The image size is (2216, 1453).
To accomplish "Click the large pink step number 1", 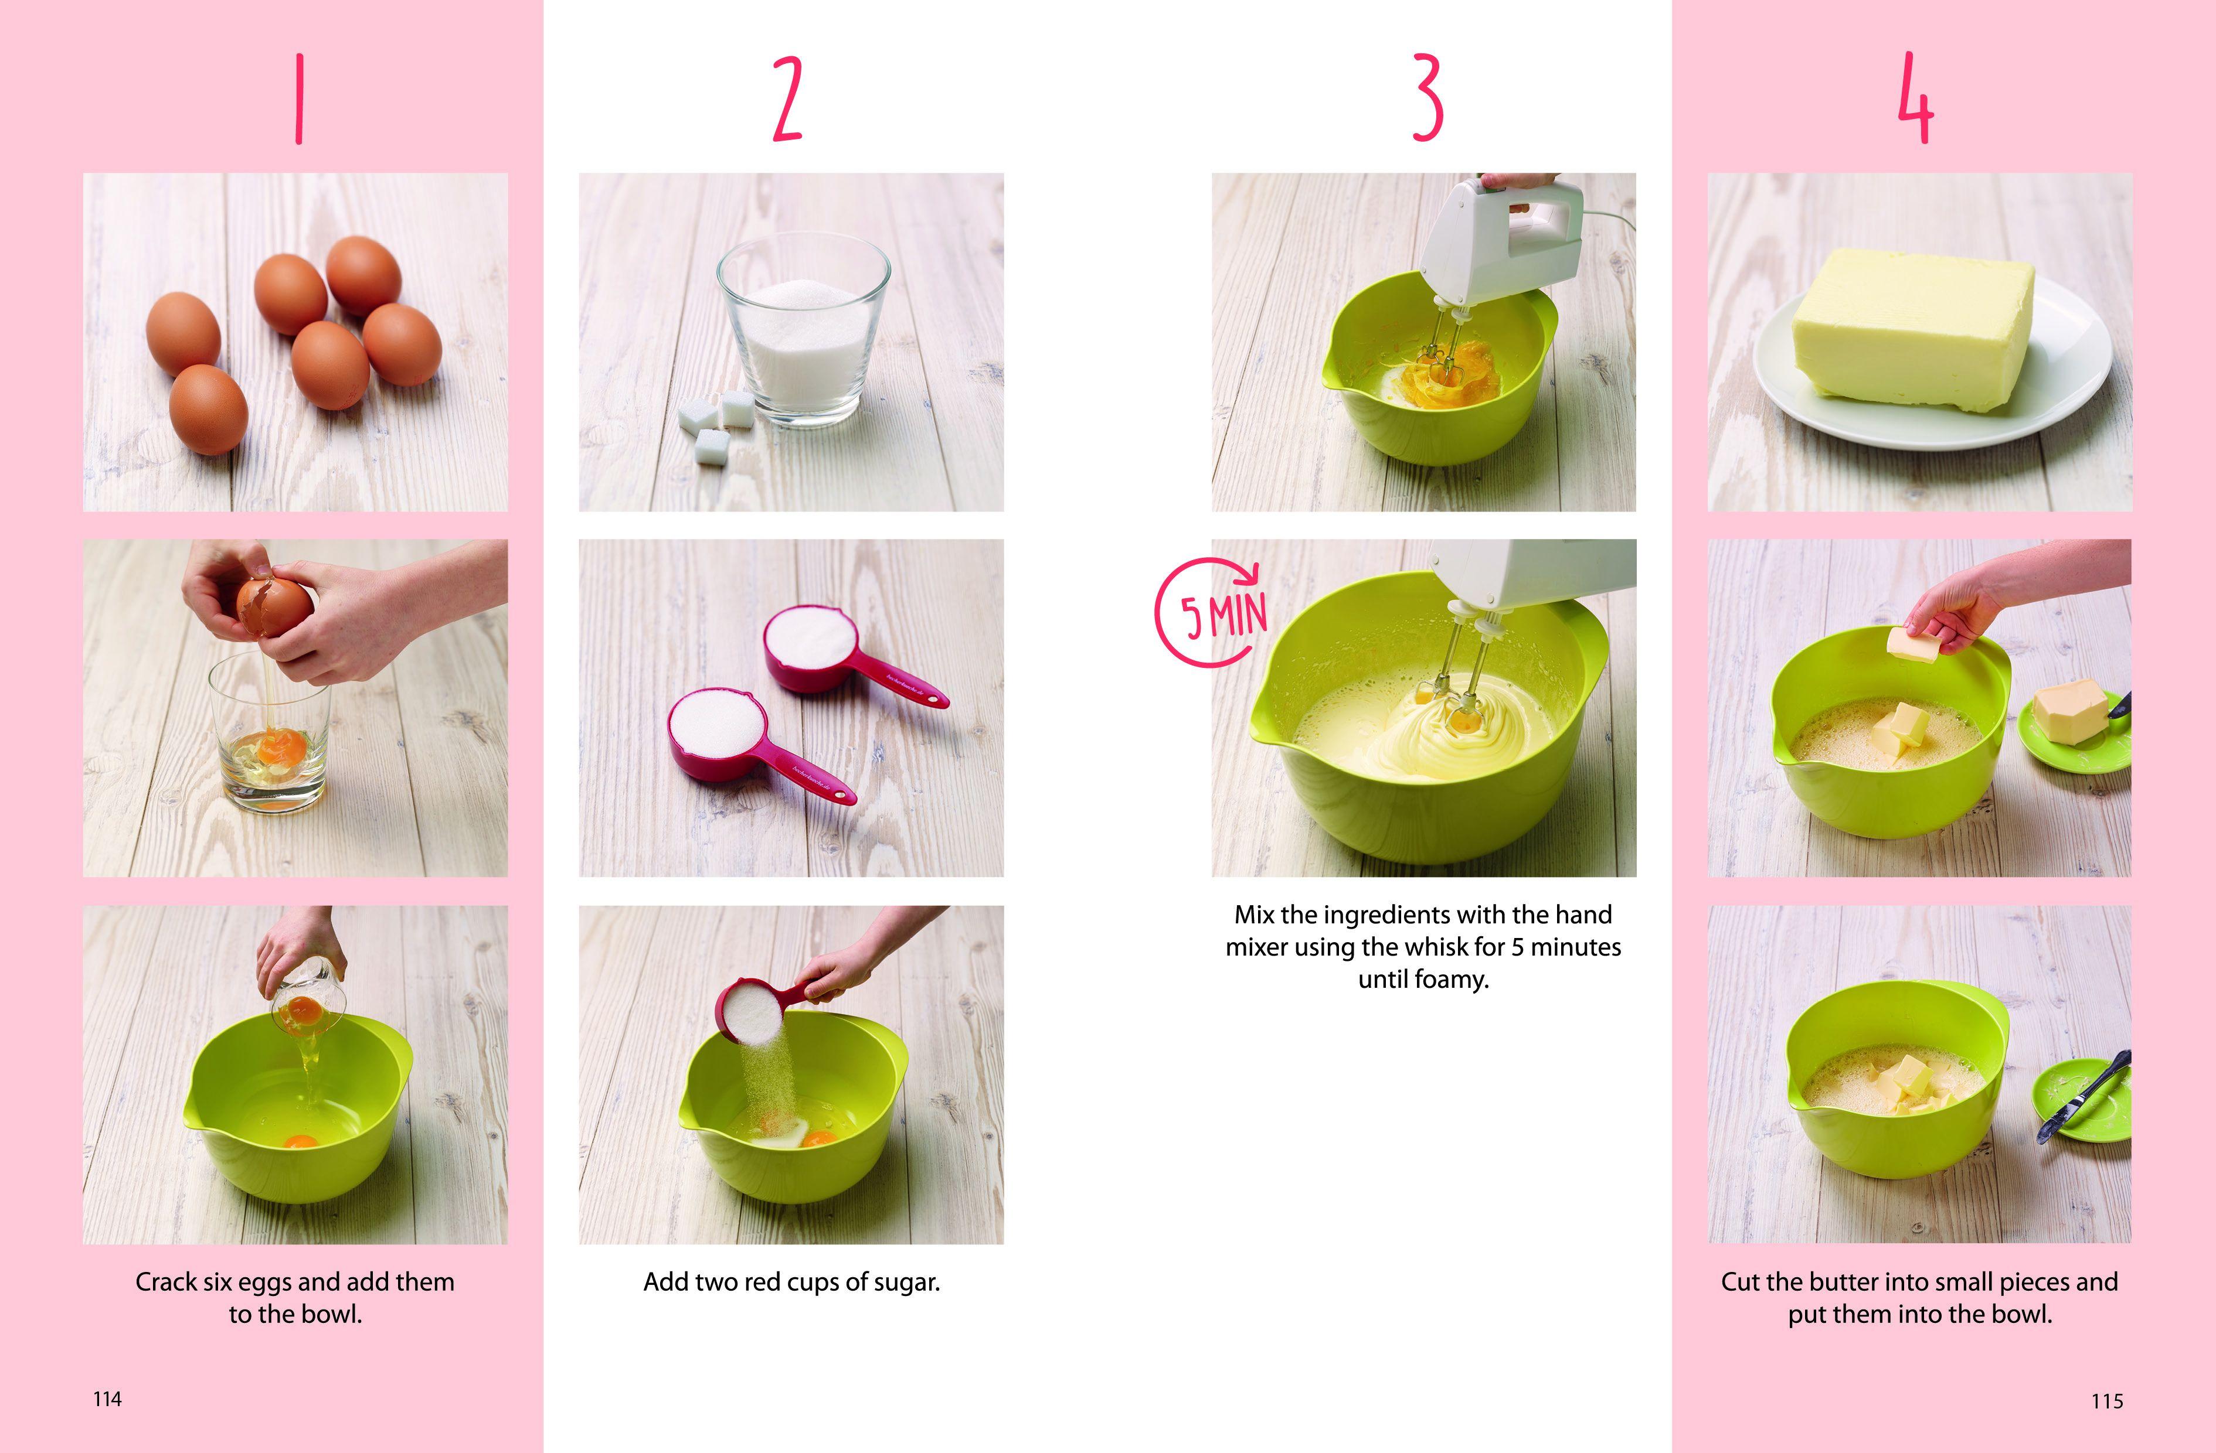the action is [x=299, y=98].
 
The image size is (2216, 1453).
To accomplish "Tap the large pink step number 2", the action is [x=788, y=98].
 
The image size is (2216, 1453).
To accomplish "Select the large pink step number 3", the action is [x=1428, y=98].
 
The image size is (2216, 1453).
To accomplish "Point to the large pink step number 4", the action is [x=1916, y=98].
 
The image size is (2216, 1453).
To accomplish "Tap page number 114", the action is [x=107, y=1399].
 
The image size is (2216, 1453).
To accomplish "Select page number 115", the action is [x=2107, y=1401].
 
